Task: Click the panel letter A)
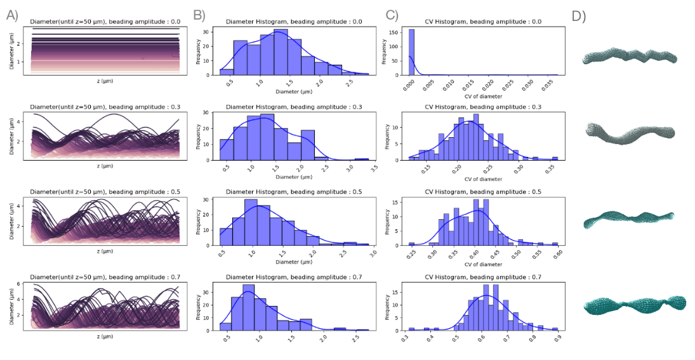(x=13, y=15)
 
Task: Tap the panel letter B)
(x=199, y=15)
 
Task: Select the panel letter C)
(x=392, y=15)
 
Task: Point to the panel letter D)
(x=579, y=17)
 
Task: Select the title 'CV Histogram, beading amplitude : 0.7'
(x=483, y=277)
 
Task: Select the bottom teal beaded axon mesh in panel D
(x=635, y=305)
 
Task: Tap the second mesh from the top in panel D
(x=630, y=133)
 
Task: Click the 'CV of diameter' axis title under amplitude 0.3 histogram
(x=482, y=179)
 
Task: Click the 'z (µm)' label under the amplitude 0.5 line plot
(x=105, y=251)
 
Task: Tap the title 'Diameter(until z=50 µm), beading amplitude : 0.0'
(x=105, y=22)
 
